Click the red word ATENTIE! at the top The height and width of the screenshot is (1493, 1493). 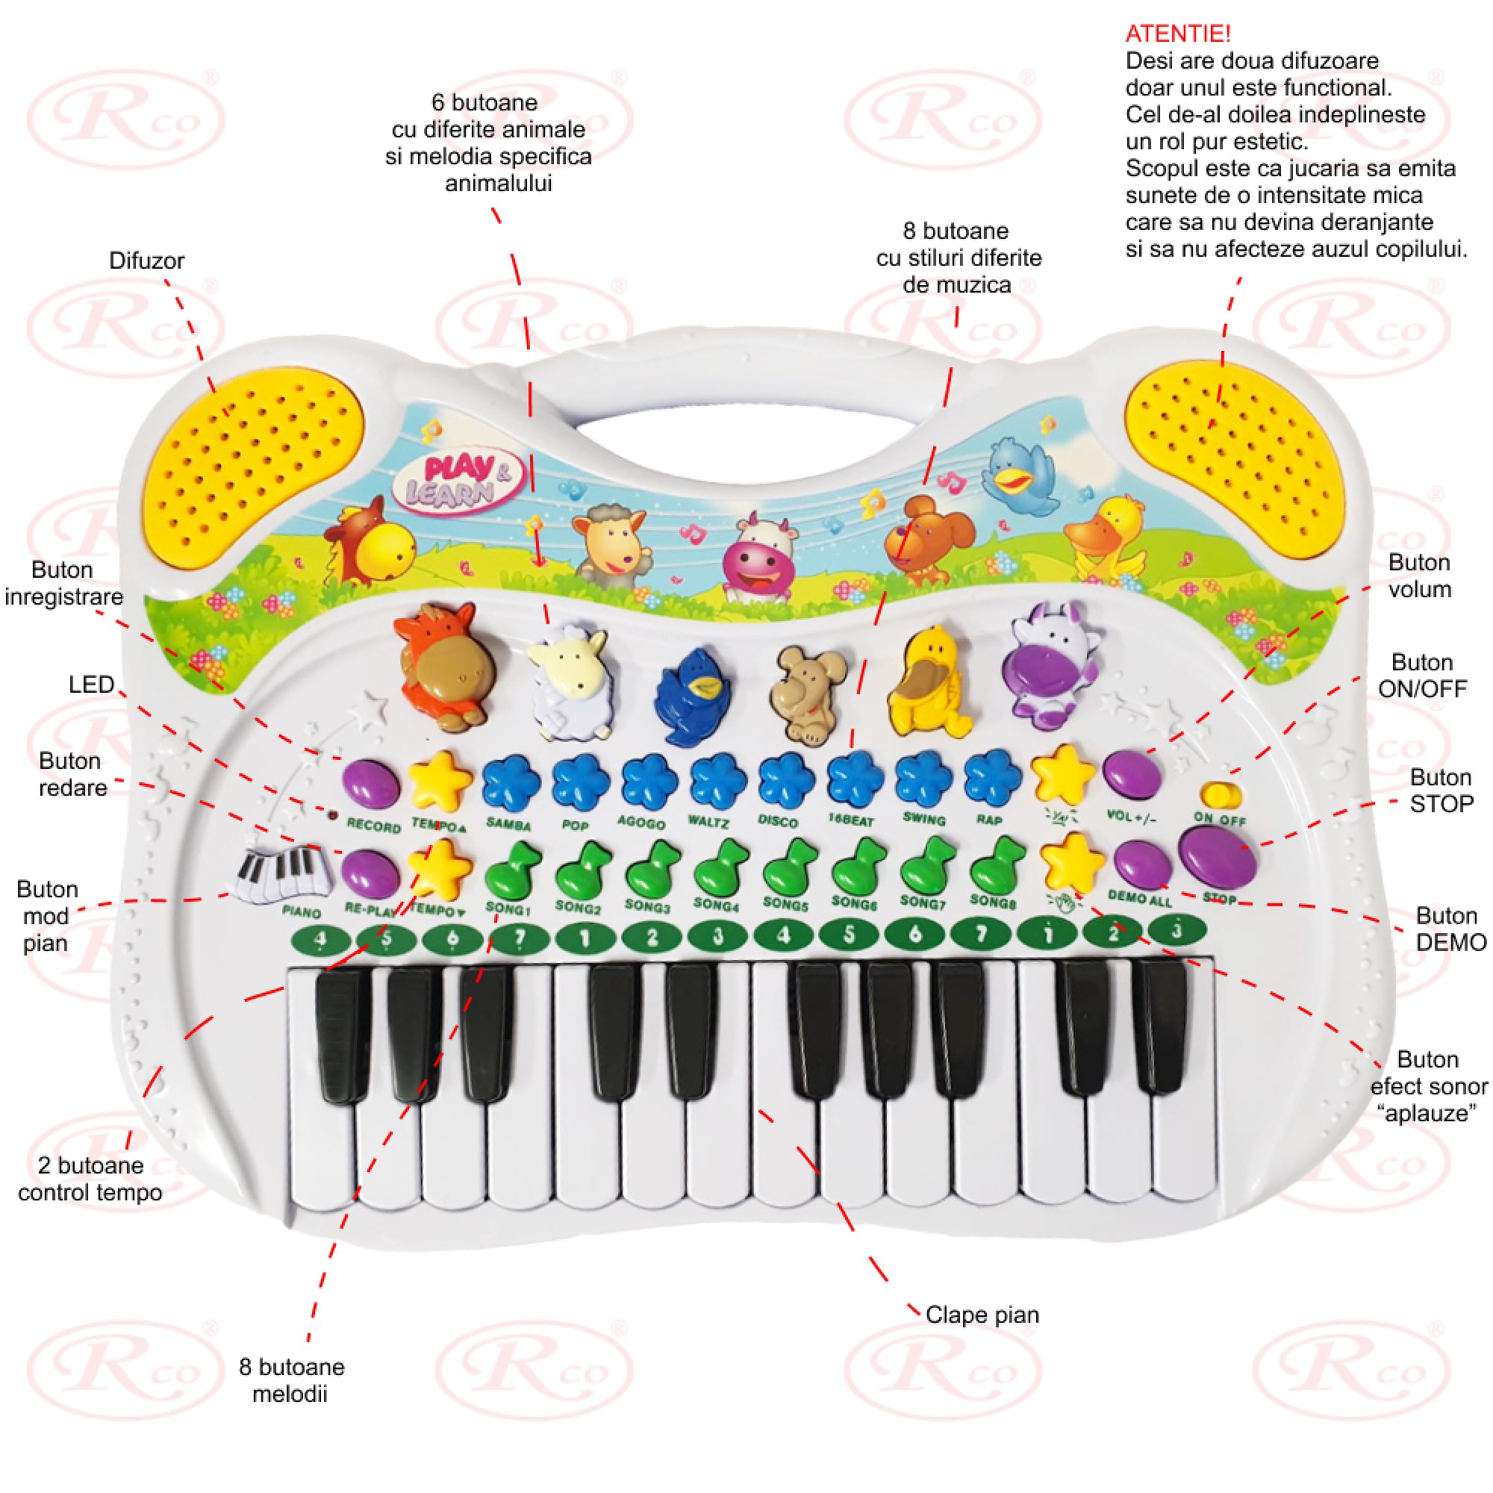(1178, 34)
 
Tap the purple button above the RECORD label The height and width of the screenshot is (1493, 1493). (371, 784)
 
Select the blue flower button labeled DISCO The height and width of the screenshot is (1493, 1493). (786, 780)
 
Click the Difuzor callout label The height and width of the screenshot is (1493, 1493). (147, 261)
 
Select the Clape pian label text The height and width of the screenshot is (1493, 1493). (982, 1315)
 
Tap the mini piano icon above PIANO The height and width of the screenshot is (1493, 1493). (282, 874)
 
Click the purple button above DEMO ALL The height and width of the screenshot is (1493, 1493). (1140, 863)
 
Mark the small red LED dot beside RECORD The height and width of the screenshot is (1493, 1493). (333, 814)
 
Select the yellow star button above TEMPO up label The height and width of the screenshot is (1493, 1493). (439, 781)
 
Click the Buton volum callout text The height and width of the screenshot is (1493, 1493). (1419, 576)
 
